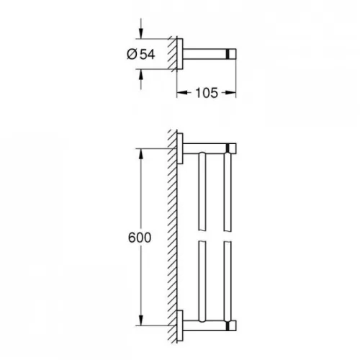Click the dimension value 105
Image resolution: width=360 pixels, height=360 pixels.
pyautogui.click(x=206, y=92)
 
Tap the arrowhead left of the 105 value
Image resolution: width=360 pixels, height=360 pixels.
pyautogui.click(x=181, y=92)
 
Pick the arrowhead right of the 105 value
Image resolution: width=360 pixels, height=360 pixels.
pyautogui.click(x=232, y=92)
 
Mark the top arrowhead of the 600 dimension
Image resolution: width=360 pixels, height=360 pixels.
pyautogui.click(x=142, y=153)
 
